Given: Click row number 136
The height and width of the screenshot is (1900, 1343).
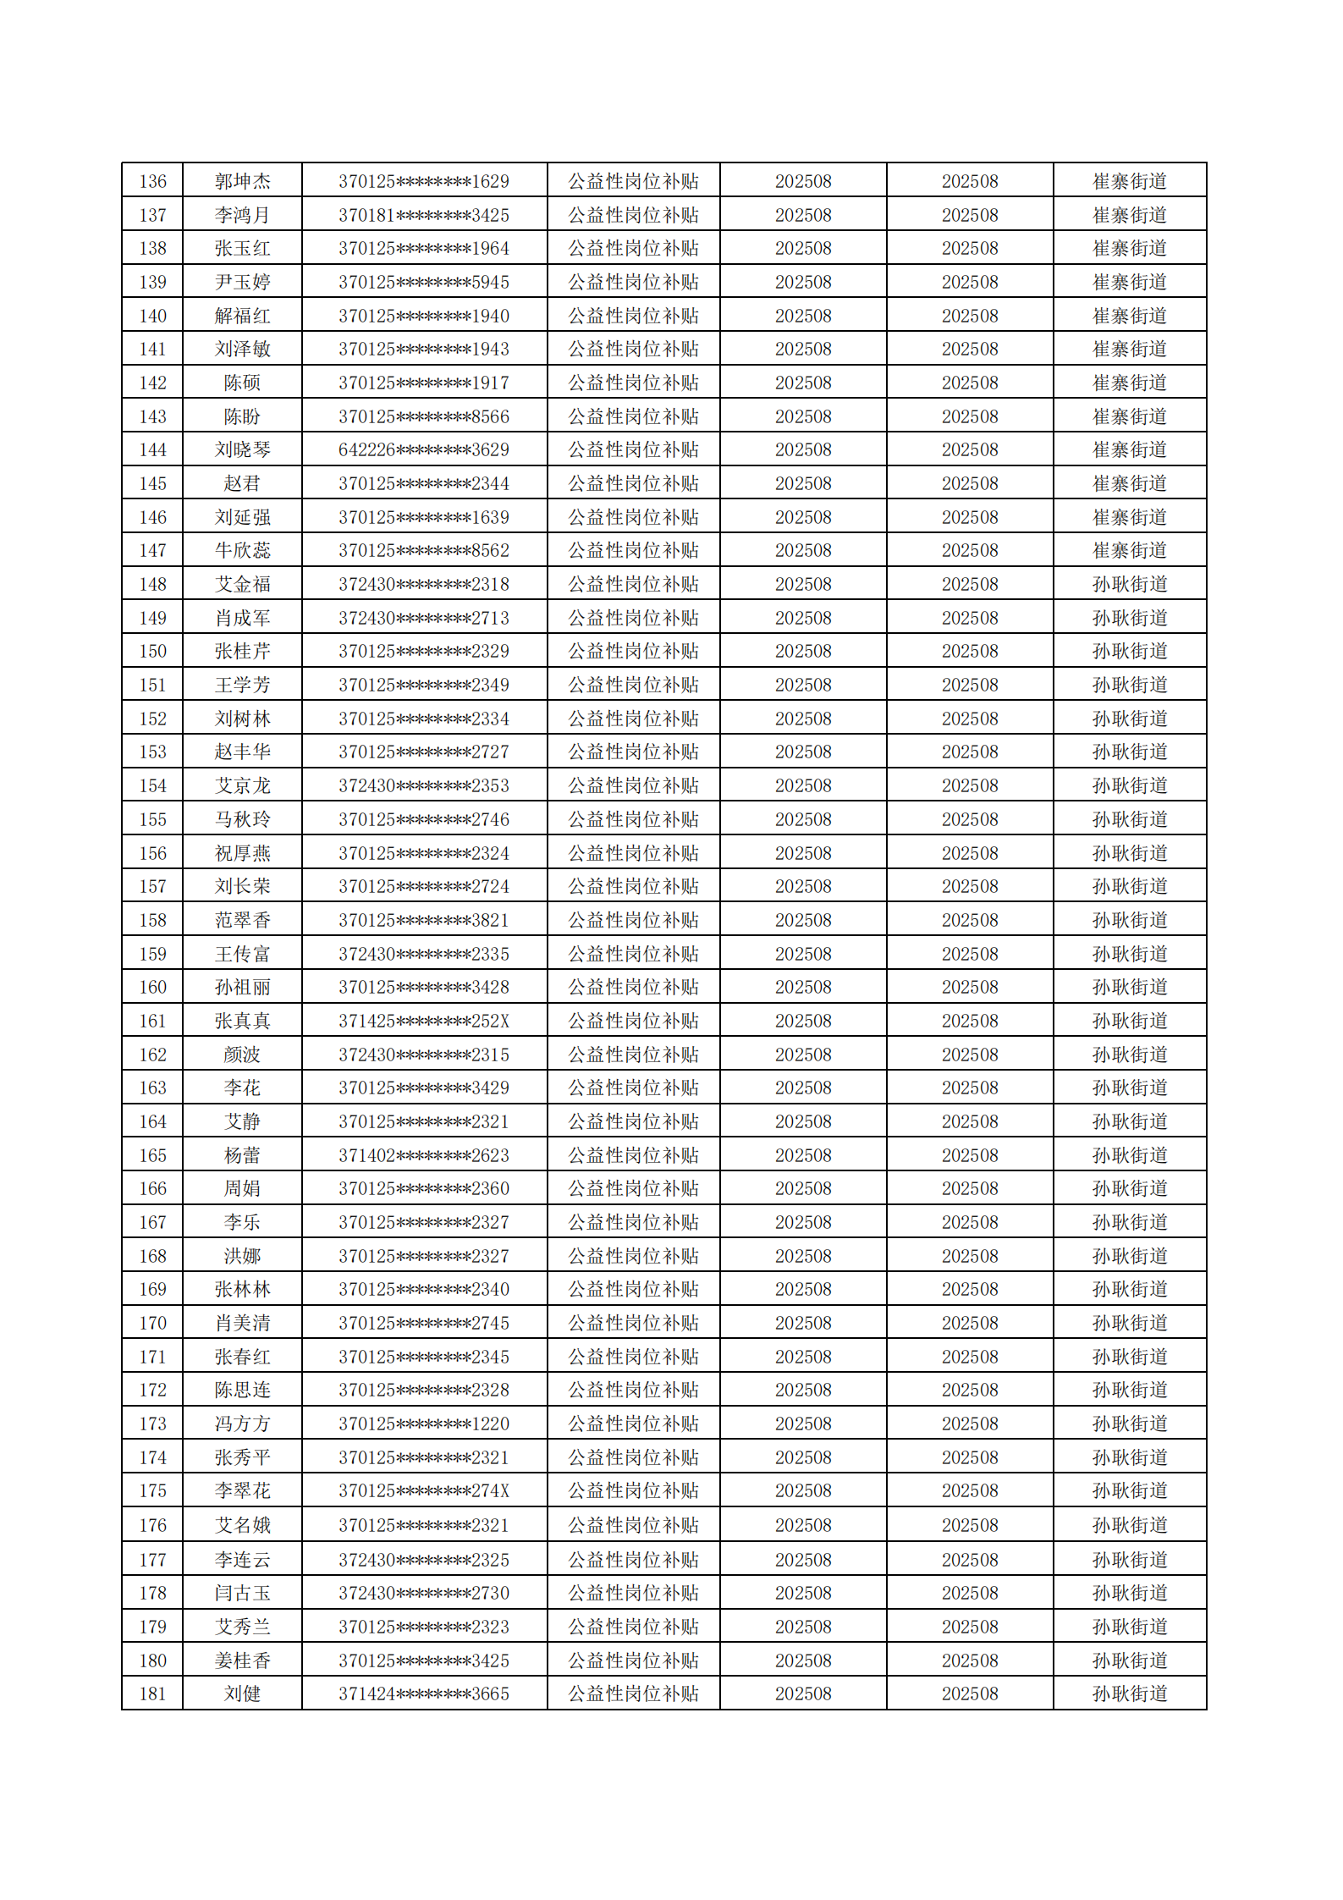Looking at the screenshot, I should click(152, 181).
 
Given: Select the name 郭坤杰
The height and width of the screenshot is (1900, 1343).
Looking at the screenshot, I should click(242, 181).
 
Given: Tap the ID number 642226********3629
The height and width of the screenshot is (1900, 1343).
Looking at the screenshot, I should click(424, 449).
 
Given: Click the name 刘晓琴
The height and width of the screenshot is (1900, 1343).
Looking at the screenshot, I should click(242, 449).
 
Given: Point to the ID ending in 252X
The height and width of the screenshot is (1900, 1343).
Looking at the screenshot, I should click(424, 1021).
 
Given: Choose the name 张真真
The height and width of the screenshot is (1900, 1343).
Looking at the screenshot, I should click(242, 1021).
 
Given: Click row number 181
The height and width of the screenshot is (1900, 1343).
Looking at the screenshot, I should click(152, 1693).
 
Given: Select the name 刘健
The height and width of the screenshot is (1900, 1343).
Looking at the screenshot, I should click(242, 1693).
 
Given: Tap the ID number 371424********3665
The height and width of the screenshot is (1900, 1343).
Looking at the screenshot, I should click(424, 1693).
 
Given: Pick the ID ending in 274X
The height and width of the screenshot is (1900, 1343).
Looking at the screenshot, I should click(424, 1490).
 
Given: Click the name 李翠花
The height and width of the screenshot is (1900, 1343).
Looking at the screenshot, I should click(242, 1490).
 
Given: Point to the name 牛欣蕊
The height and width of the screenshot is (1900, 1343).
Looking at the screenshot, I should click(242, 550).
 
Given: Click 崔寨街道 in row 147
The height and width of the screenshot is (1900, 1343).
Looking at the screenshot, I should click(1129, 550).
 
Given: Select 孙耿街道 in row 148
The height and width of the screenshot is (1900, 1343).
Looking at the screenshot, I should click(1129, 584).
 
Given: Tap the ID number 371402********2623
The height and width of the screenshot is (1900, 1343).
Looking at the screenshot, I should click(424, 1155).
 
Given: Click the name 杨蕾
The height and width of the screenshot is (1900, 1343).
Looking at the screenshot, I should click(242, 1155).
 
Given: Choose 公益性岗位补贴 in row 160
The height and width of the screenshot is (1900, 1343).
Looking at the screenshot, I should click(633, 987).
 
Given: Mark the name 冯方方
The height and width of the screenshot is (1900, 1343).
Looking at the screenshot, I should click(242, 1424).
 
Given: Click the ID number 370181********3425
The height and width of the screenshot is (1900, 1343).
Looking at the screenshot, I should click(424, 215).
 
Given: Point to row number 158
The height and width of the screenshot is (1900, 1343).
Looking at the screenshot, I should click(152, 920).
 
